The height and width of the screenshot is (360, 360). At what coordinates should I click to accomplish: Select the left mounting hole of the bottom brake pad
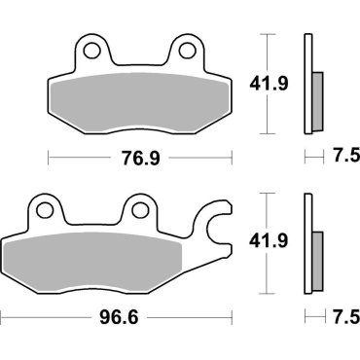[x=42, y=207]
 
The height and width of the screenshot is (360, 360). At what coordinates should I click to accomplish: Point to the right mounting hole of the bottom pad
[x=139, y=207]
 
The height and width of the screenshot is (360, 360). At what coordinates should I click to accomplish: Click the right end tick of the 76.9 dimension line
[x=229, y=156]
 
